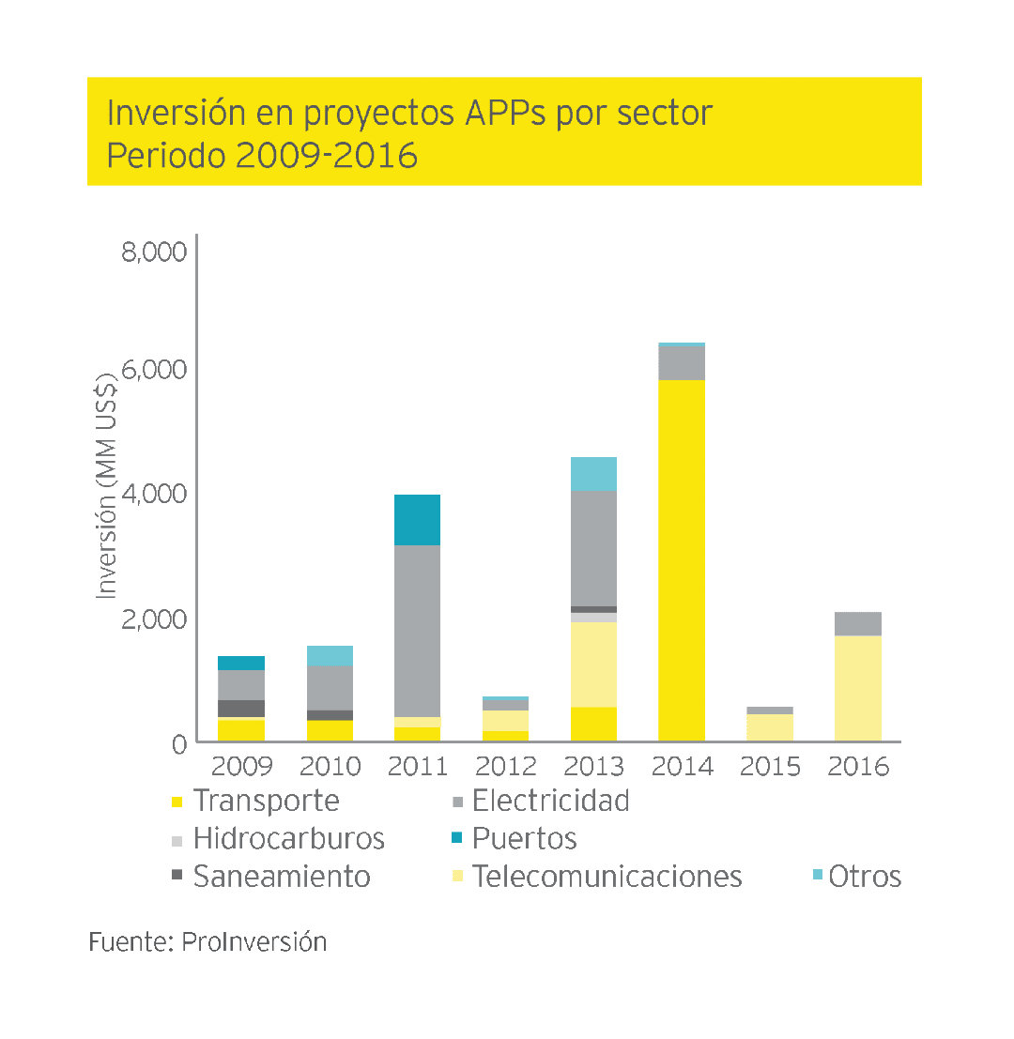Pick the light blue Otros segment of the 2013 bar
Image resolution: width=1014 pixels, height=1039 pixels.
[x=593, y=474]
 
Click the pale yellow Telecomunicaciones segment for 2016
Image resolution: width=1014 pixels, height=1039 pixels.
[x=858, y=688]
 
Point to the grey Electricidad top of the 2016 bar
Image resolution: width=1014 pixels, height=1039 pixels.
[x=858, y=623]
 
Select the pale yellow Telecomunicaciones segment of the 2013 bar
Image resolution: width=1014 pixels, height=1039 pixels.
[x=593, y=664]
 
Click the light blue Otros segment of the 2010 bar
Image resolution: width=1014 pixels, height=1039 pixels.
[x=330, y=655]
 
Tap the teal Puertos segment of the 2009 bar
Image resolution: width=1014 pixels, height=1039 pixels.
[x=241, y=663]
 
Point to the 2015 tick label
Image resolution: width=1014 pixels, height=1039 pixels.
[x=770, y=767]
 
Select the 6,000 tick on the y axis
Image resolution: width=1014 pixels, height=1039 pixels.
[x=155, y=370]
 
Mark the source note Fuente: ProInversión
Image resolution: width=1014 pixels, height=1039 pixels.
[x=207, y=942]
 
